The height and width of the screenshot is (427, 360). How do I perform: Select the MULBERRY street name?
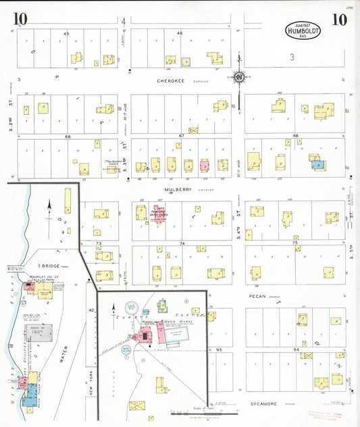pos(177,190)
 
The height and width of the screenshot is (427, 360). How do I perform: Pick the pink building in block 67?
pos(203,165)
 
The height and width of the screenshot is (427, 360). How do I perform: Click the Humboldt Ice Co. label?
pos(44,278)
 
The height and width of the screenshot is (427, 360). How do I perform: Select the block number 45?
pos(66,32)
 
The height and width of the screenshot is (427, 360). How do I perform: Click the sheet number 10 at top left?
pos(20,20)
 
